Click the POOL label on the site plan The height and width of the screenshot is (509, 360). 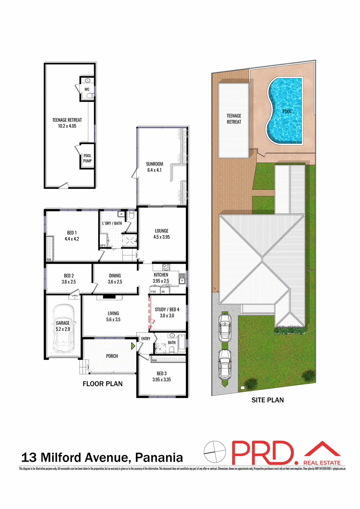pyautogui.click(x=287, y=111)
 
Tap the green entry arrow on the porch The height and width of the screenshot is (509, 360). pyautogui.click(x=133, y=346)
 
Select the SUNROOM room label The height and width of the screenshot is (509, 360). pyautogui.click(x=154, y=164)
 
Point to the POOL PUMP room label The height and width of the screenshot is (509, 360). pyautogui.click(x=87, y=158)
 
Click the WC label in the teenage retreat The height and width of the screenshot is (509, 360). pyautogui.click(x=87, y=89)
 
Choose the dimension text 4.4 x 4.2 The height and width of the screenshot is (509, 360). pyautogui.click(x=72, y=239)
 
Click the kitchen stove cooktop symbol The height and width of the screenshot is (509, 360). pyautogui.click(x=166, y=267)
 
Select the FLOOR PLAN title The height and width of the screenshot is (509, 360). pyautogui.click(x=102, y=384)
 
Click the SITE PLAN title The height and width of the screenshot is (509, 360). pyautogui.click(x=267, y=400)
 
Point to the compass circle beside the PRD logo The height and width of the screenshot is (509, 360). pyautogui.click(x=215, y=452)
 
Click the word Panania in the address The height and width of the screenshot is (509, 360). pyautogui.click(x=159, y=458)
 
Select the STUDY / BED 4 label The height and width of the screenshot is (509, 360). pyautogui.click(x=167, y=310)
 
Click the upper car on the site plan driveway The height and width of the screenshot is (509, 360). pyautogui.click(x=225, y=327)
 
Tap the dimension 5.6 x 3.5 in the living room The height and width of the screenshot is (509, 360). pyautogui.click(x=113, y=320)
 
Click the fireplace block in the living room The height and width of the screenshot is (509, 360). pyautogui.click(x=109, y=297)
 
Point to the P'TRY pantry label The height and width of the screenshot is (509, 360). pyautogui.click(x=153, y=292)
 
